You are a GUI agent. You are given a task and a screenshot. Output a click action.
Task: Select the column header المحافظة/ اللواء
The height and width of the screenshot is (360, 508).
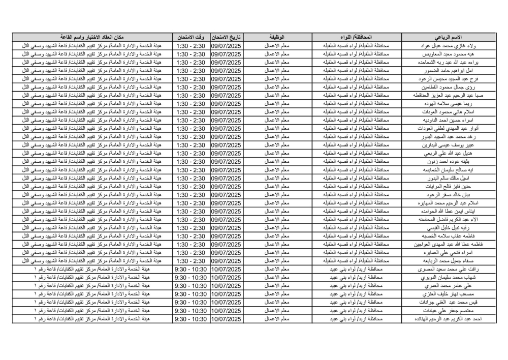tap(356, 38)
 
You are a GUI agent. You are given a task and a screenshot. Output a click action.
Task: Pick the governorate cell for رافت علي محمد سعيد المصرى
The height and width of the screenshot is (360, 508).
tap(356, 268)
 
